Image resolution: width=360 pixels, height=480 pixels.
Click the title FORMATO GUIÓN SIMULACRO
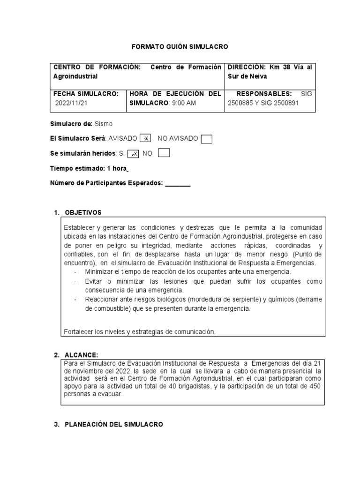pyautogui.click(x=180, y=47)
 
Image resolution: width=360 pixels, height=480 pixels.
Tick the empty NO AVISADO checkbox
pyautogui.click(x=206, y=138)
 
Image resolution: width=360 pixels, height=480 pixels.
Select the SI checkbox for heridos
pyautogui.click(x=134, y=153)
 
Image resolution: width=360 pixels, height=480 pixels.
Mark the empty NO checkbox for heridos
pyautogui.click(x=164, y=153)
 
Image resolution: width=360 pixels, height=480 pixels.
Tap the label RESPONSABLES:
pyautogui.click(x=265, y=93)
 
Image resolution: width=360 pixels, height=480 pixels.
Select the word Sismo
pyautogui.click(x=104, y=124)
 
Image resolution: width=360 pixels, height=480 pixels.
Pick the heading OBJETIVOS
pyautogui.click(x=83, y=213)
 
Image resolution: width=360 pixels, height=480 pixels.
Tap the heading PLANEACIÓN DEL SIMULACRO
pyautogui.click(x=113, y=424)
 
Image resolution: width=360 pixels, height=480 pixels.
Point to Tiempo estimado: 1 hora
pyautogui.click(x=89, y=168)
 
